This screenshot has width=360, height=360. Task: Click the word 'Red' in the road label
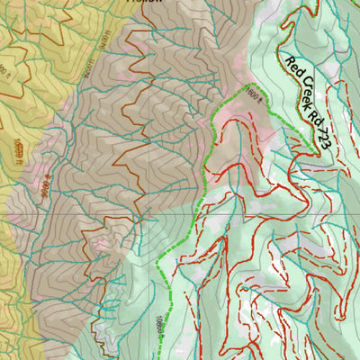[x=293, y=67]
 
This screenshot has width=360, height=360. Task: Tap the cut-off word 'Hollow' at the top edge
[x=145, y=3]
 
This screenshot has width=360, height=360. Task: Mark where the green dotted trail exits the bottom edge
[x=168, y=357]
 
